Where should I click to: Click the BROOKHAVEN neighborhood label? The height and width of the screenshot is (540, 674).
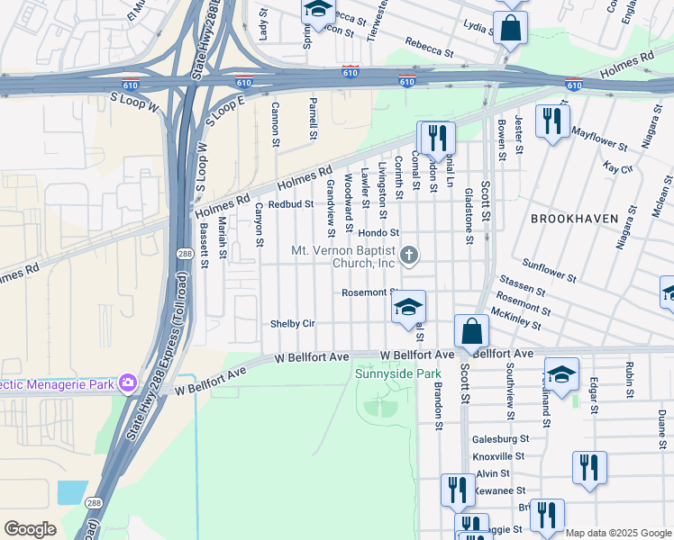[x=574, y=219]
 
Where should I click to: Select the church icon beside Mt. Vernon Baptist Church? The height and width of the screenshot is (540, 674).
[x=409, y=256]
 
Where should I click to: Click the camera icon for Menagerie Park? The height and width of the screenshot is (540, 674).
[x=127, y=383]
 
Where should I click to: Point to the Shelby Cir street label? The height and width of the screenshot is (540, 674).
[x=293, y=324]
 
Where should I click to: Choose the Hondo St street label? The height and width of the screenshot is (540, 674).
[x=378, y=232]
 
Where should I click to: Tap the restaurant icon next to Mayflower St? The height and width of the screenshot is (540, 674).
[x=551, y=121]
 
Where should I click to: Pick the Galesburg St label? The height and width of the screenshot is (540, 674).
[x=500, y=439]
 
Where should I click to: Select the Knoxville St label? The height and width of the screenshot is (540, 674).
[x=498, y=456]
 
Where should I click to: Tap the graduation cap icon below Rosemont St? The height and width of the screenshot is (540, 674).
[x=408, y=308]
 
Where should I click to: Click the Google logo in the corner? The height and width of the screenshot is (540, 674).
[x=31, y=529]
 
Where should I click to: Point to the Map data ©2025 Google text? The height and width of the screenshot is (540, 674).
[x=618, y=533]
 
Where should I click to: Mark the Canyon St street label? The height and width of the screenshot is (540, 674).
[x=259, y=225]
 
